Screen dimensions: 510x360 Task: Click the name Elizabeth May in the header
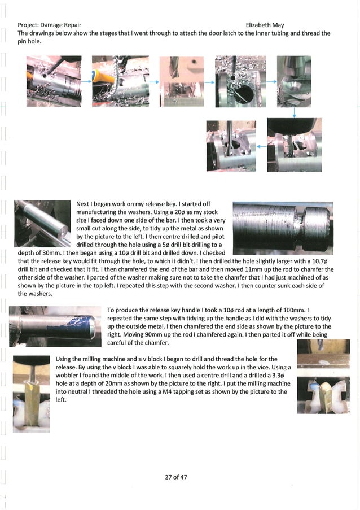click(265, 25)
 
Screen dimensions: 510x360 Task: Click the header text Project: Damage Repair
click(49, 25)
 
